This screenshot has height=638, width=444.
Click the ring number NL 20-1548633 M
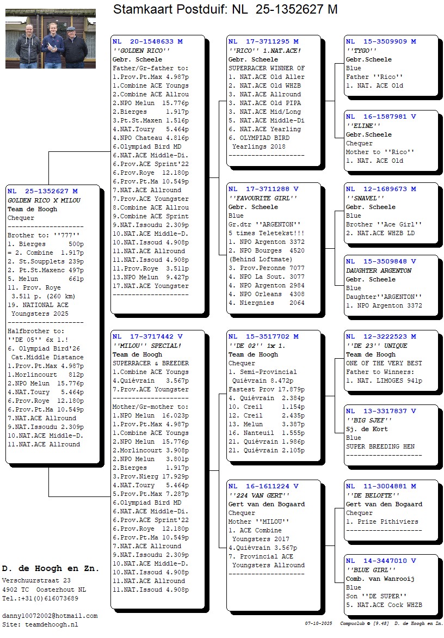pos(147,41)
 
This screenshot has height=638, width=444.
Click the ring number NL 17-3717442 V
pos(147,336)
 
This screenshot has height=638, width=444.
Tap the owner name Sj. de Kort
pos(367,429)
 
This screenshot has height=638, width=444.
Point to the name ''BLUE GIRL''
pos(371,570)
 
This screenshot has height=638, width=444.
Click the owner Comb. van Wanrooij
pos(380,579)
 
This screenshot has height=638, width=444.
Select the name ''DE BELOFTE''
pos(372,495)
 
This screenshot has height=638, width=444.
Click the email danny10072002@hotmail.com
pos(50,616)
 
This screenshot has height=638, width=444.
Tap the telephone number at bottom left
pos(40,598)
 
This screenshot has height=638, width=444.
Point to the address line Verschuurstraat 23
pos(36,581)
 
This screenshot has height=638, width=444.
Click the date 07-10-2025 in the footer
pos(318,623)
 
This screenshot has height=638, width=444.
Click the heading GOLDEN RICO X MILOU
pos(44,200)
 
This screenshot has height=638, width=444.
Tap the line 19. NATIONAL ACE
pos(38,305)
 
